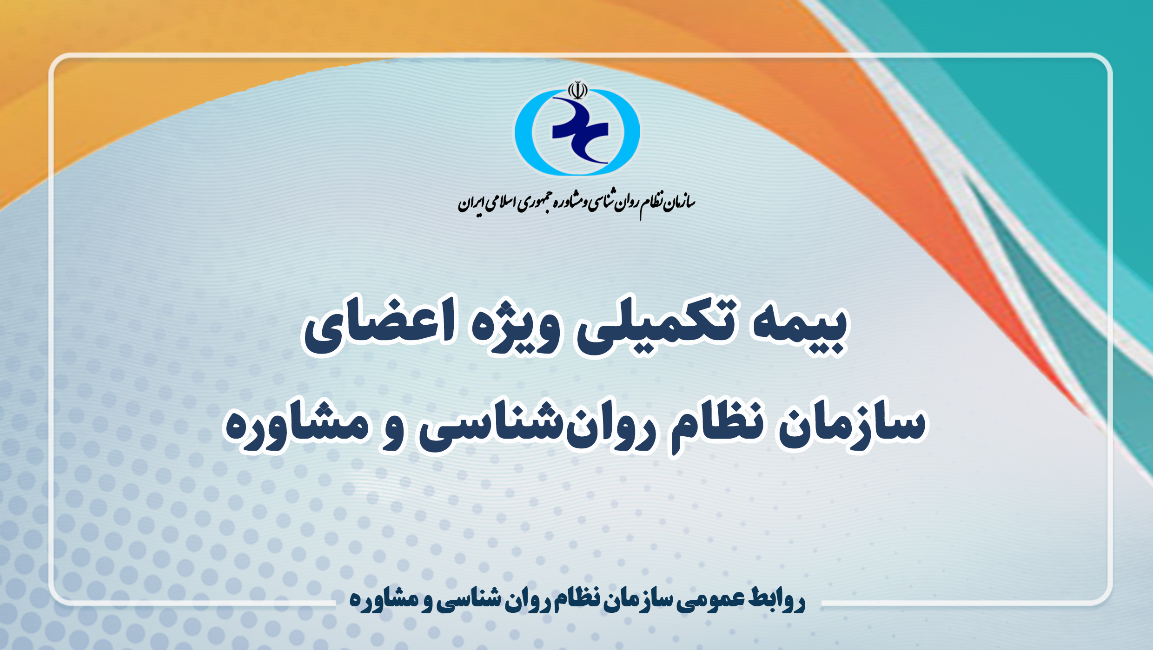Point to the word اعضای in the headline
(x=379, y=326)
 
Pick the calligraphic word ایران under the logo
(x=470, y=203)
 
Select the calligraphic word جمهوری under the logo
(x=532, y=204)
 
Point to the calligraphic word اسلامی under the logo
(x=499, y=204)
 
